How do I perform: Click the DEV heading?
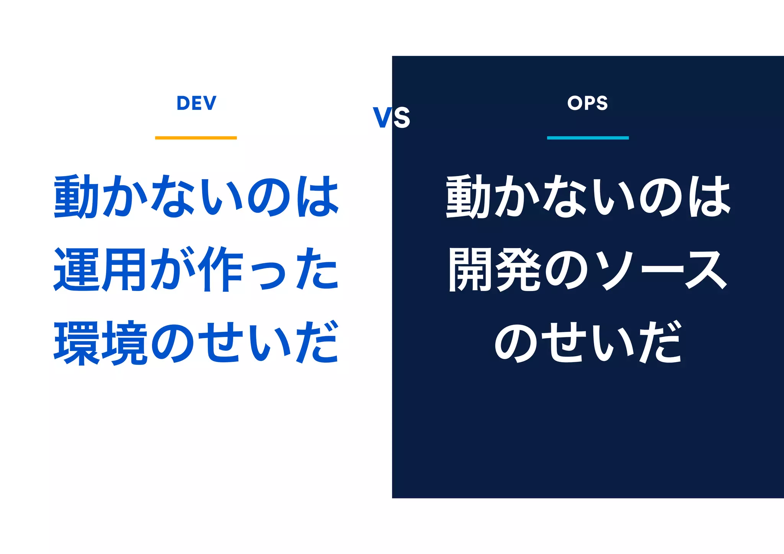(x=196, y=103)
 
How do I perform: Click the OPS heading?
(x=588, y=103)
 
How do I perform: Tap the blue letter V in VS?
(x=382, y=118)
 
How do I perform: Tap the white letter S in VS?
(x=402, y=118)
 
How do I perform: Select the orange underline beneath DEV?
(x=196, y=138)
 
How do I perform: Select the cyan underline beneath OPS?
(x=588, y=138)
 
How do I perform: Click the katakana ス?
(x=707, y=270)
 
